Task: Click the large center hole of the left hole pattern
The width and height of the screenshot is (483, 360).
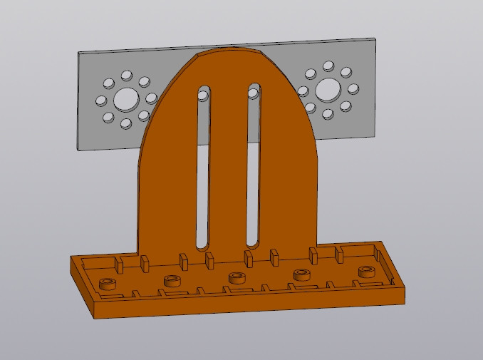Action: click(x=126, y=99)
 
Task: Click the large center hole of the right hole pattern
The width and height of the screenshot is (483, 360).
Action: click(x=328, y=90)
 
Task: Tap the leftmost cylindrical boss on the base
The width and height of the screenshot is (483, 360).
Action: click(x=108, y=284)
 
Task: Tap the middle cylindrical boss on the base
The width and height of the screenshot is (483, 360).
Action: click(x=237, y=277)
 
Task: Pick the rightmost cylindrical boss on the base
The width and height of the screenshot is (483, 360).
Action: click(x=367, y=271)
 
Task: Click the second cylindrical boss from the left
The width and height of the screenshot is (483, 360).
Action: click(x=172, y=280)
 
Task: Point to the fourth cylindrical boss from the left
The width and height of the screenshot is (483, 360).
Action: click(x=303, y=274)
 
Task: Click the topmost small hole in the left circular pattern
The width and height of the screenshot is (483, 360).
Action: click(x=127, y=75)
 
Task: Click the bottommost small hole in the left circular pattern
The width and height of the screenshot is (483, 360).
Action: click(x=126, y=123)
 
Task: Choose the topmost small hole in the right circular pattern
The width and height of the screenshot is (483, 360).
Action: click(x=328, y=66)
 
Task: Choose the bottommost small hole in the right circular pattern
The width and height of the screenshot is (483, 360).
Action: click(x=328, y=114)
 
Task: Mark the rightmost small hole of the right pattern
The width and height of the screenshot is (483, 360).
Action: click(x=353, y=89)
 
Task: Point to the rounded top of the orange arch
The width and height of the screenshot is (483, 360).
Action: click(x=228, y=51)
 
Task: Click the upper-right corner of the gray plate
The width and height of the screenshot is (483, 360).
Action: click(x=375, y=38)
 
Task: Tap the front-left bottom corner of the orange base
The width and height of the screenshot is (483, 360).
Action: click(x=95, y=317)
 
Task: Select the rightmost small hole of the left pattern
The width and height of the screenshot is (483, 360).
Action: click(x=151, y=98)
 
